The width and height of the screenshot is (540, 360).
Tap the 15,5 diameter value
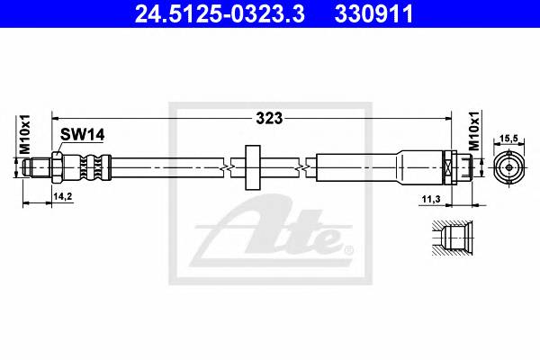[x=509, y=137]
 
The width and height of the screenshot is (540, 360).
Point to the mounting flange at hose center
[x=251, y=165]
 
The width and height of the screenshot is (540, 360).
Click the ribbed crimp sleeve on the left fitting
[x=90, y=166]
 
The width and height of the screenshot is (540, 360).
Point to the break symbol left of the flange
[x=228, y=166]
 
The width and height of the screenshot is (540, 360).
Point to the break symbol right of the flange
[x=309, y=166]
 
